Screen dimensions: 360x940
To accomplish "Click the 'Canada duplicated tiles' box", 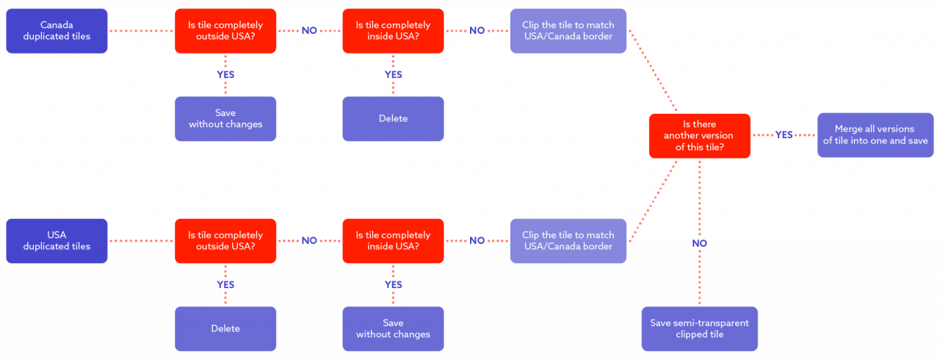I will [x=57, y=31].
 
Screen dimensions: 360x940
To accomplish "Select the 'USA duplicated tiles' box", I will [x=57, y=241].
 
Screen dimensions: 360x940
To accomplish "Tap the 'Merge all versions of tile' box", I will [x=875, y=135].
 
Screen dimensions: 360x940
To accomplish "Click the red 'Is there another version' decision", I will [x=699, y=136].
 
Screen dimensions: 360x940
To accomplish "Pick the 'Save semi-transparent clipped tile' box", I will [x=699, y=329].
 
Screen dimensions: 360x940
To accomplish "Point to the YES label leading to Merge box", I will [x=784, y=135].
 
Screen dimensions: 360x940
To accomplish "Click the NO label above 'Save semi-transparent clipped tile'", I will [x=699, y=243].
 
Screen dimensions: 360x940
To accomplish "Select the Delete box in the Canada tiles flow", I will [x=393, y=119].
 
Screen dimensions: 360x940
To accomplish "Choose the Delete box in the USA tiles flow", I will [x=225, y=329].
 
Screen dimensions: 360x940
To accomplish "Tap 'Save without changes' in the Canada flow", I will [x=225, y=119].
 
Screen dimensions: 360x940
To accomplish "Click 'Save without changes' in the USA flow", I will [x=393, y=329].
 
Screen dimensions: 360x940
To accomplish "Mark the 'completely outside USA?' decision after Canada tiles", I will [x=225, y=31].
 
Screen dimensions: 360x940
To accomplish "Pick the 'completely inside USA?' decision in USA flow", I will [x=393, y=241].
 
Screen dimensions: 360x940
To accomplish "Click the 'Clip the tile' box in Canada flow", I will [x=568, y=31].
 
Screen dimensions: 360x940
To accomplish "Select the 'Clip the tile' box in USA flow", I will [x=568, y=241].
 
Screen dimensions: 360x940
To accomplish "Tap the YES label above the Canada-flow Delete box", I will [x=393, y=75].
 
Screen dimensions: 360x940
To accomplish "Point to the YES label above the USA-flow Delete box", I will [x=225, y=285].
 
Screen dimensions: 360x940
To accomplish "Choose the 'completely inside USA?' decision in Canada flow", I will [x=393, y=31].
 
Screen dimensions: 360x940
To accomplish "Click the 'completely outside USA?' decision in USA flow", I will [x=225, y=241].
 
